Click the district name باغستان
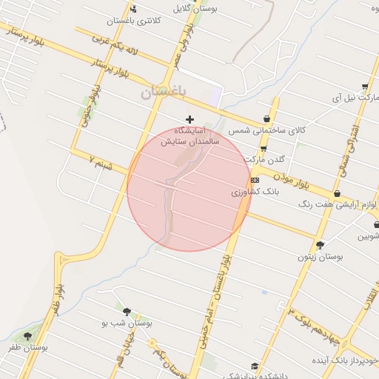pyautogui.click(x=163, y=93)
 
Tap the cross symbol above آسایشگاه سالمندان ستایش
pyautogui.click(x=190, y=119)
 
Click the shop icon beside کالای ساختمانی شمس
pyautogui.click(x=266, y=118)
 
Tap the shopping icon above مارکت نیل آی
pyautogui.click(x=365, y=86)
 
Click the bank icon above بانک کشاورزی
pyautogui.click(x=255, y=180)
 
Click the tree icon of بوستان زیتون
pyautogui.click(x=320, y=245)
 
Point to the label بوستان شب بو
pyautogui.click(x=127, y=323)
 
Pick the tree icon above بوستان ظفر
pyautogui.click(x=27, y=336)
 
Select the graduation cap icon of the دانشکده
pyautogui.click(x=255, y=366)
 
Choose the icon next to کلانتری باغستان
pyautogui.click(x=133, y=9)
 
